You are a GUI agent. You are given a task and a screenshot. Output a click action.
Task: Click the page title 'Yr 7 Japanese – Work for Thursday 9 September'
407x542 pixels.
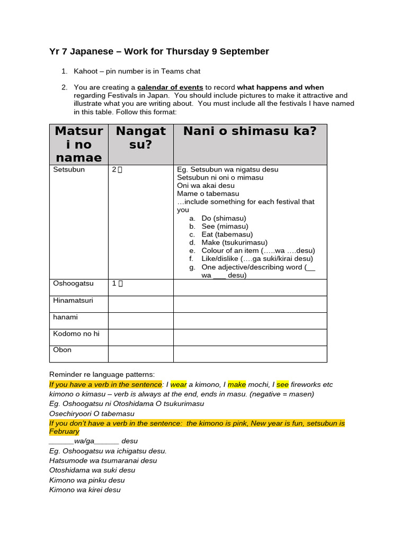point(159,51)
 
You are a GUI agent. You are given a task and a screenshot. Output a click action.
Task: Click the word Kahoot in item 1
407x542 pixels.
point(86,71)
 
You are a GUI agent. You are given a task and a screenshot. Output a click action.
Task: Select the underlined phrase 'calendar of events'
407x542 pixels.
point(170,87)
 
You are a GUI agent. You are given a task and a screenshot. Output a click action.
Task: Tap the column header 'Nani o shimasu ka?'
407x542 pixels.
point(250,131)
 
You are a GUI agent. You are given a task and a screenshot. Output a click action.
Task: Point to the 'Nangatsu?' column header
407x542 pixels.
point(140,138)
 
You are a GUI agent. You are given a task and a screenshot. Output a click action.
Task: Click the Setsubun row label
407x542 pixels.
point(69,170)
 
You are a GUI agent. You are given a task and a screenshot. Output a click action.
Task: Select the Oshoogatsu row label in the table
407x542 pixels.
point(73,284)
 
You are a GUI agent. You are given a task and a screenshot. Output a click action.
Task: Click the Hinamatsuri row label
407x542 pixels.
point(73,301)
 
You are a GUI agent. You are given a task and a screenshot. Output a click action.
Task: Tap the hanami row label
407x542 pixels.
point(65,317)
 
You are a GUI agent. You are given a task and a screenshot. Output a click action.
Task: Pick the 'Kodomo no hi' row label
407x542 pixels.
point(76,333)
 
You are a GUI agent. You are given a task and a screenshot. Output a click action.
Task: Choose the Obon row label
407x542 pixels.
point(63,350)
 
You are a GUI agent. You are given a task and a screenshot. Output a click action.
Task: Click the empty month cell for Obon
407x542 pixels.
point(140,354)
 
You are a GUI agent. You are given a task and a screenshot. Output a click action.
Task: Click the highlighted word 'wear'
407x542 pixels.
point(179,385)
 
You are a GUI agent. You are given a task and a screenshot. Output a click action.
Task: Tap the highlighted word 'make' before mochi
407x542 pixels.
point(236,385)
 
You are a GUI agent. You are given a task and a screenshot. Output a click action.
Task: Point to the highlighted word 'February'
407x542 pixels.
point(64,432)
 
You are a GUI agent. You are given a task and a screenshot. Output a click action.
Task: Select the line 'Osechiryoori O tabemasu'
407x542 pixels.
point(92,414)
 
